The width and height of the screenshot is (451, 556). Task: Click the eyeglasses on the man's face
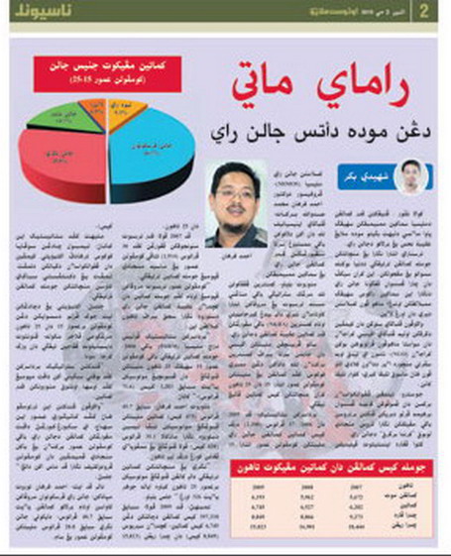(237, 191)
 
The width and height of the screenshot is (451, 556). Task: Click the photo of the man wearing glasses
(235, 203)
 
